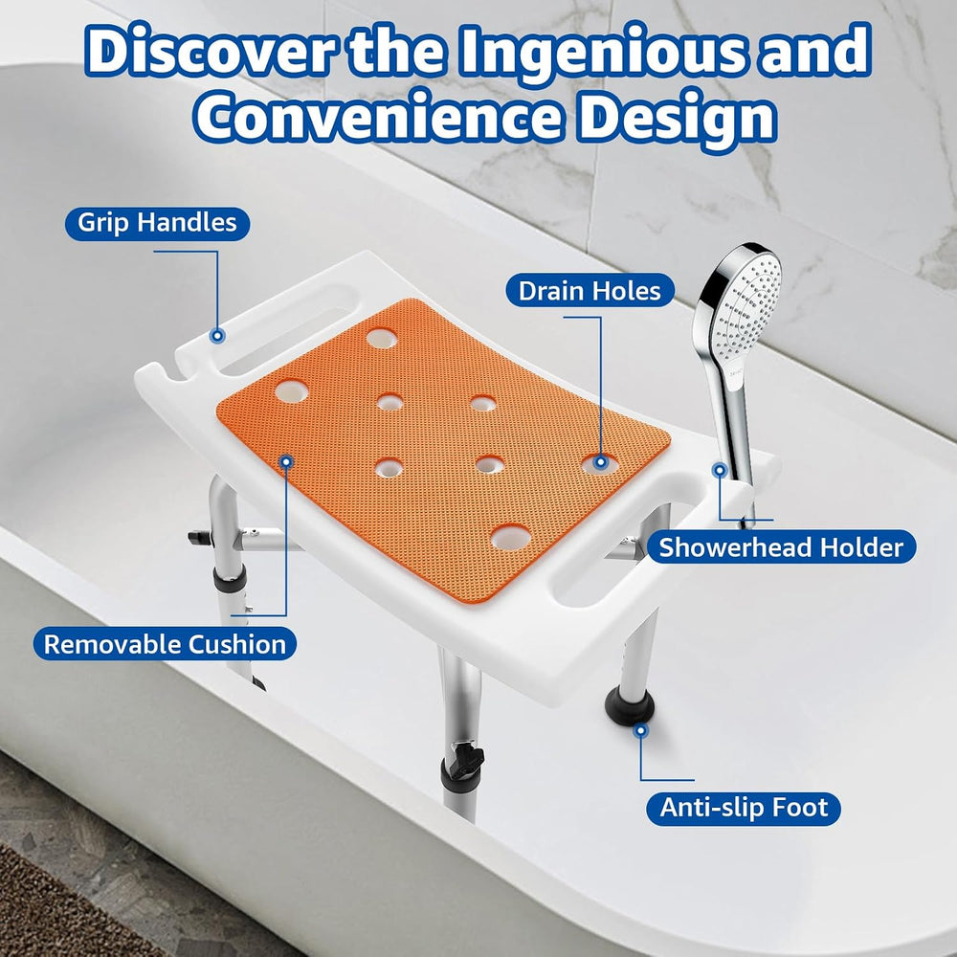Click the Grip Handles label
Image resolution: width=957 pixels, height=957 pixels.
click(x=158, y=223)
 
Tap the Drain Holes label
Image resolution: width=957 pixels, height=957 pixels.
click(x=590, y=291)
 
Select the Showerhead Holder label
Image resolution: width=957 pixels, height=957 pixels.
click(x=781, y=546)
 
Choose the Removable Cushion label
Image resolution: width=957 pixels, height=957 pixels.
click(x=165, y=644)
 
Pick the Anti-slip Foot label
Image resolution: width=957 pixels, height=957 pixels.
click(x=744, y=808)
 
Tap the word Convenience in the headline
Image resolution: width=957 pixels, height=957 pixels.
click(x=376, y=116)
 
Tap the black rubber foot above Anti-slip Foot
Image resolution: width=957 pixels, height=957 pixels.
click(x=630, y=705)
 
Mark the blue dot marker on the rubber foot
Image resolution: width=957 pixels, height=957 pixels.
click(x=640, y=730)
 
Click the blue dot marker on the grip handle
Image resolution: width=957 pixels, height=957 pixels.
click(x=217, y=335)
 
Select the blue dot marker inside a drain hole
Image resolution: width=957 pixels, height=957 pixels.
click(x=601, y=462)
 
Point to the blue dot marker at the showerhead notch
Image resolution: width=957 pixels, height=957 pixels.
click(x=721, y=470)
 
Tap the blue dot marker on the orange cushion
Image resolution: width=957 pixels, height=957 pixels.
click(x=286, y=461)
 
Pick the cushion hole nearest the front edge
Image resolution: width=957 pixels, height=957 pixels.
click(x=511, y=537)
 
